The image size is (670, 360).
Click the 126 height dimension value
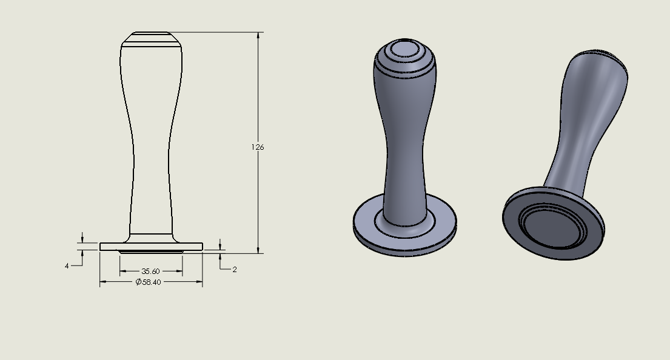tap(258, 147)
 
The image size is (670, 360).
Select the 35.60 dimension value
tap(150, 271)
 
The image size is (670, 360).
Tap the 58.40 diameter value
tap(152, 282)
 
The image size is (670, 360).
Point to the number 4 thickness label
tap(67, 266)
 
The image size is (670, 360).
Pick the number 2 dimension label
tap(235, 270)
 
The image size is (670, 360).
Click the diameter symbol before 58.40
tap(138, 282)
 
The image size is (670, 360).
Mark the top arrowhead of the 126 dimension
tap(258, 36)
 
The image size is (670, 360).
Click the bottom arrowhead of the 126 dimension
tap(258, 250)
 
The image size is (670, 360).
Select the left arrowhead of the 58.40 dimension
tap(104, 281)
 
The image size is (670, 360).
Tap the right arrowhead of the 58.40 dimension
tap(199, 281)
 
